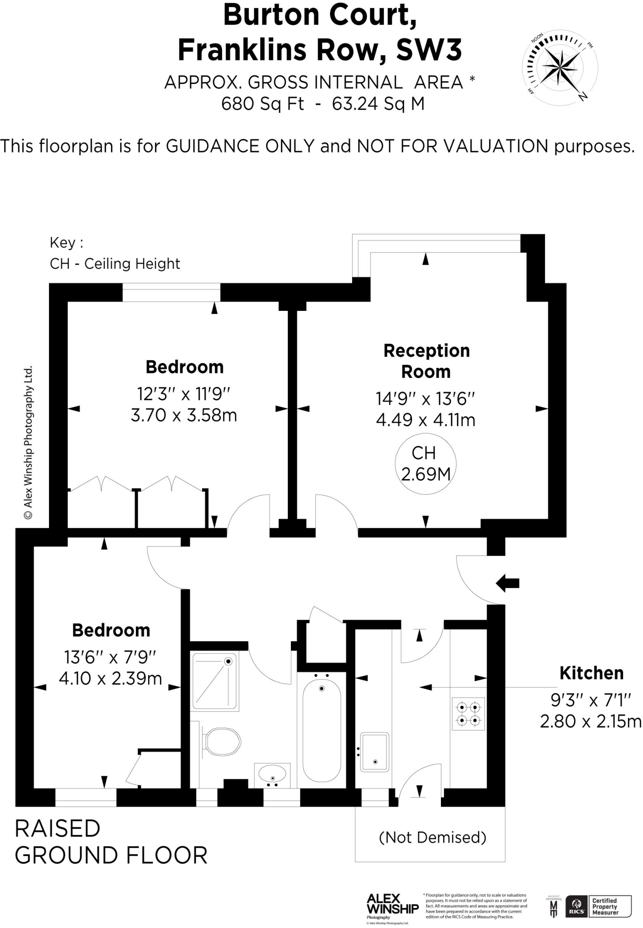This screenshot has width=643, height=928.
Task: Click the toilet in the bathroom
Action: click(222, 742)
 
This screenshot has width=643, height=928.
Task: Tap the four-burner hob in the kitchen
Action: click(468, 714)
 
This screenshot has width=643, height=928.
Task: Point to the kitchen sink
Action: click(374, 753)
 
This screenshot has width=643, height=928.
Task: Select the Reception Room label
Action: click(426, 361)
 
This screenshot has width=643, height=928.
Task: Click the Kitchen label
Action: click(591, 673)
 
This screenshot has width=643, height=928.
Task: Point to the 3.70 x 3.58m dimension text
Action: click(184, 416)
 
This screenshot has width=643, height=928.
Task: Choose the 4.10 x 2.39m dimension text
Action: click(111, 678)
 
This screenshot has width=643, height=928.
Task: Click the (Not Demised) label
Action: click(432, 837)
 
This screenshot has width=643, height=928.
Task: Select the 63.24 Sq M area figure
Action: click(378, 104)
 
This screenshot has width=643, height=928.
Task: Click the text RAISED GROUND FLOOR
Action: click(111, 842)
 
